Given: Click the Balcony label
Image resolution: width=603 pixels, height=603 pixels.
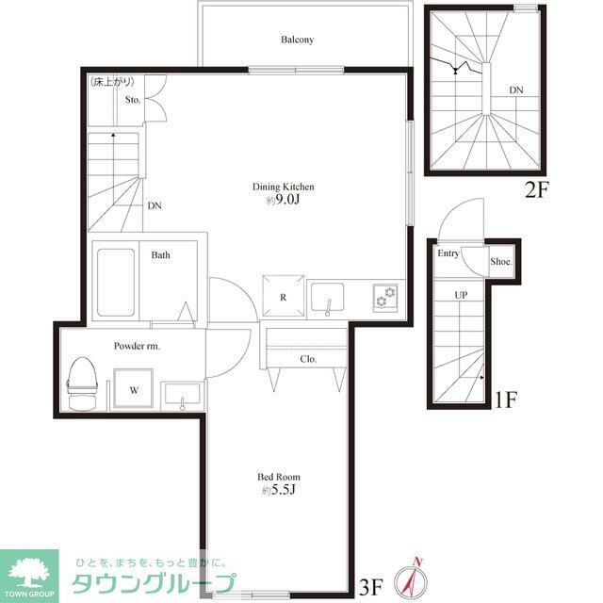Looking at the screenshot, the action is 297,40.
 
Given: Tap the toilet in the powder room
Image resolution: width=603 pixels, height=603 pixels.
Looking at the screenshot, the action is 82,383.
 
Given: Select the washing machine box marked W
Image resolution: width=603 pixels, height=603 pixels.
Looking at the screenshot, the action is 134,388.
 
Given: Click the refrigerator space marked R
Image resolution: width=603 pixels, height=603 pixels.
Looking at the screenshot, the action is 284,296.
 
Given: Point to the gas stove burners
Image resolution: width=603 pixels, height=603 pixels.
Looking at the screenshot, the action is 385,297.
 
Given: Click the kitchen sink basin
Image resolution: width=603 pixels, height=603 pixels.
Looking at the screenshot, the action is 327,298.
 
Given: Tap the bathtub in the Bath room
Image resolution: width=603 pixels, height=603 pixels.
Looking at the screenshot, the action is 116,283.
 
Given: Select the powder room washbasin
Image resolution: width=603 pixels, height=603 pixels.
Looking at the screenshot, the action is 182,394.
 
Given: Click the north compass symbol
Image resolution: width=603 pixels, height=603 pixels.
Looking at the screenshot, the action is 412,580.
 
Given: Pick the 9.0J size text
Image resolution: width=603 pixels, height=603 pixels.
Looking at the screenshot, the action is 283,200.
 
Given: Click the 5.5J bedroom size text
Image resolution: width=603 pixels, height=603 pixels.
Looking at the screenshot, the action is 279,490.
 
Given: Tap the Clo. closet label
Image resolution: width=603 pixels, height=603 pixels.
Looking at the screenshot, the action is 308,359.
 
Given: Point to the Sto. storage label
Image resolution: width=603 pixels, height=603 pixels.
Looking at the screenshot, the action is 133,100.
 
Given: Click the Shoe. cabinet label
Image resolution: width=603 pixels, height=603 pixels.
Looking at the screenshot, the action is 501,262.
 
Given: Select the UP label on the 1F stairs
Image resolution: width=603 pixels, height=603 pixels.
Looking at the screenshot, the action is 461,295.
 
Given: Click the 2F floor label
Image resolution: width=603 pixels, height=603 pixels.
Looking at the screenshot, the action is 537,189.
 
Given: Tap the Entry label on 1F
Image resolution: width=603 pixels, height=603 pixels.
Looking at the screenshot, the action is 448,253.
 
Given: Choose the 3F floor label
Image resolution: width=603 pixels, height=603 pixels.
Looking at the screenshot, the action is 370,586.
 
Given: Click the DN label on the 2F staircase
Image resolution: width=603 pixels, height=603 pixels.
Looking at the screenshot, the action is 516,90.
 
